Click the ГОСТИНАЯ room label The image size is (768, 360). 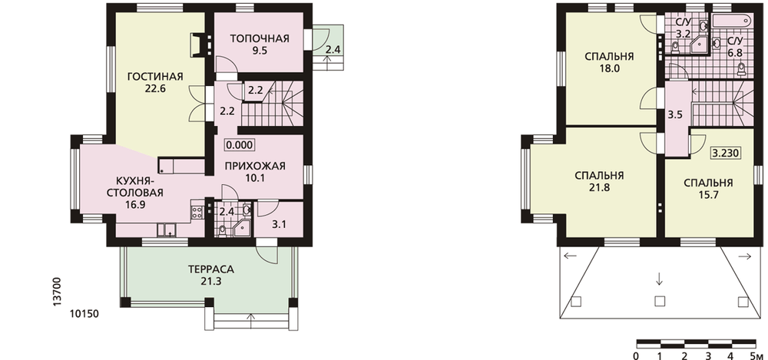155,77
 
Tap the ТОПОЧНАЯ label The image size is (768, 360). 260,38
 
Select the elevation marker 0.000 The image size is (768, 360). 239,144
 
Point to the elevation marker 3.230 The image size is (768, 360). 726,153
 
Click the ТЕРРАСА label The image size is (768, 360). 211,269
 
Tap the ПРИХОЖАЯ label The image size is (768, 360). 255,166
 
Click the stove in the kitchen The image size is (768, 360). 197,212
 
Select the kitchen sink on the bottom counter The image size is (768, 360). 167,230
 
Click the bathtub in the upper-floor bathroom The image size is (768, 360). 731,21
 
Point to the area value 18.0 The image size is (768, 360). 609,68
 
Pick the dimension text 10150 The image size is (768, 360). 84,314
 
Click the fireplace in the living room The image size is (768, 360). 200,43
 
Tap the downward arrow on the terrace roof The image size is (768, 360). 659,279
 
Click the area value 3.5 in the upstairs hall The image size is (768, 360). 675,116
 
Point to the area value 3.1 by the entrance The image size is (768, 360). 279,225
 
